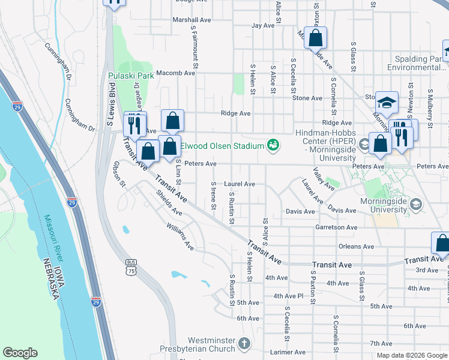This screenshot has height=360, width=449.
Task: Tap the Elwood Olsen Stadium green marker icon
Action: pyautogui.click(x=273, y=145)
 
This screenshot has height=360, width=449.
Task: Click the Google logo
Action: pyautogui.click(x=20, y=353)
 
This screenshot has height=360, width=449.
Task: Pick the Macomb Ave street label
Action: pyautogui.click(x=175, y=73)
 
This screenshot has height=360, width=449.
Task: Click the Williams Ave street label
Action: pyautogui.click(x=181, y=237)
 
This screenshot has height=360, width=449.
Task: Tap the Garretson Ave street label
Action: pyautogui.click(x=336, y=228)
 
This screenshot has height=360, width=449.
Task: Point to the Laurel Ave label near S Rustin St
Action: pyautogui.click(x=240, y=184)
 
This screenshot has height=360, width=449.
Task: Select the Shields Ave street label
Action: pyautogui.click(x=169, y=202)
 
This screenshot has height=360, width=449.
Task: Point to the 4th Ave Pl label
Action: pyautogui.click(x=289, y=296)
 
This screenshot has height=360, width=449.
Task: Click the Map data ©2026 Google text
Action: pyautogui.click(x=412, y=355)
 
